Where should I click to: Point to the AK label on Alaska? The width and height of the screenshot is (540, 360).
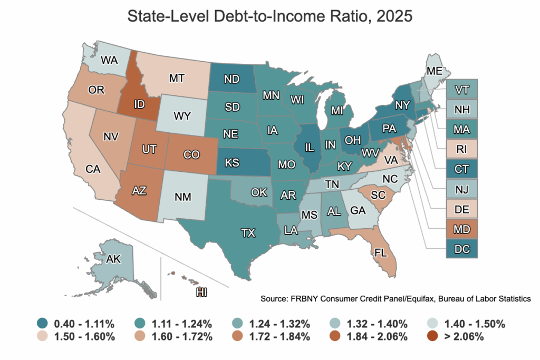(x=113, y=259)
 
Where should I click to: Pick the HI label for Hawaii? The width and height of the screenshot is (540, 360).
(x=201, y=291)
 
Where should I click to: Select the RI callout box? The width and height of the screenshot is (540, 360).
(x=461, y=149)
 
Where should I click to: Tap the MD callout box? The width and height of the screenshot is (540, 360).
(x=461, y=229)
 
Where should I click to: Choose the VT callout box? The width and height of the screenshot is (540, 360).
(x=461, y=89)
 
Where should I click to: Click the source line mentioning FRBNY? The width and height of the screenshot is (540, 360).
(x=395, y=299)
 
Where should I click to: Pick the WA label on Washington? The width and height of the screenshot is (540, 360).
(x=109, y=60)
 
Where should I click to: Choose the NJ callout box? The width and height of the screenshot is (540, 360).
(x=461, y=189)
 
